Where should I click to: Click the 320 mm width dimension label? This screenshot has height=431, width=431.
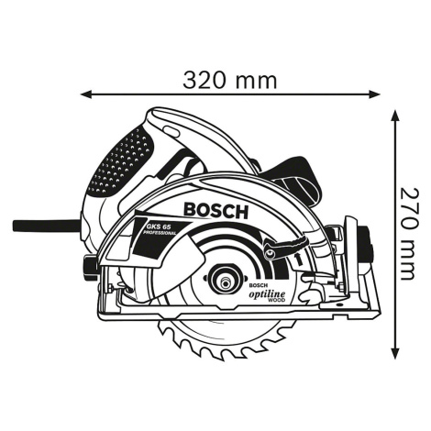click(230, 81)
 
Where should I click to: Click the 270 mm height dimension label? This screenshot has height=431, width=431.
click(409, 234)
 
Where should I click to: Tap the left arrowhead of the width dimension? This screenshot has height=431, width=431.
click(85, 94)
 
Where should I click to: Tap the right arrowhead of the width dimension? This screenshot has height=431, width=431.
click(375, 94)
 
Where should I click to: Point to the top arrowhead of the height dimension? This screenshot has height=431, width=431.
click(396, 116)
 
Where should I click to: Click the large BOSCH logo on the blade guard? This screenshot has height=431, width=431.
click(215, 211)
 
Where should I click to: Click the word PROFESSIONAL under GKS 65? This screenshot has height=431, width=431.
click(160, 233)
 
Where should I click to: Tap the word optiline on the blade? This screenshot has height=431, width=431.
click(267, 294)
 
